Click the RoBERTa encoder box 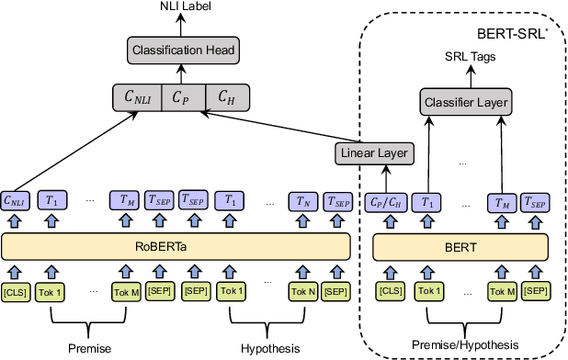(x=177, y=246)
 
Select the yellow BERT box (x=456, y=246)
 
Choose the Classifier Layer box (x=467, y=101)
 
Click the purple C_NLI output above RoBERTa (x=16, y=199)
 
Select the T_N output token (x=303, y=199)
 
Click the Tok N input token (x=303, y=292)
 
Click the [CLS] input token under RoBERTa (x=16, y=292)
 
